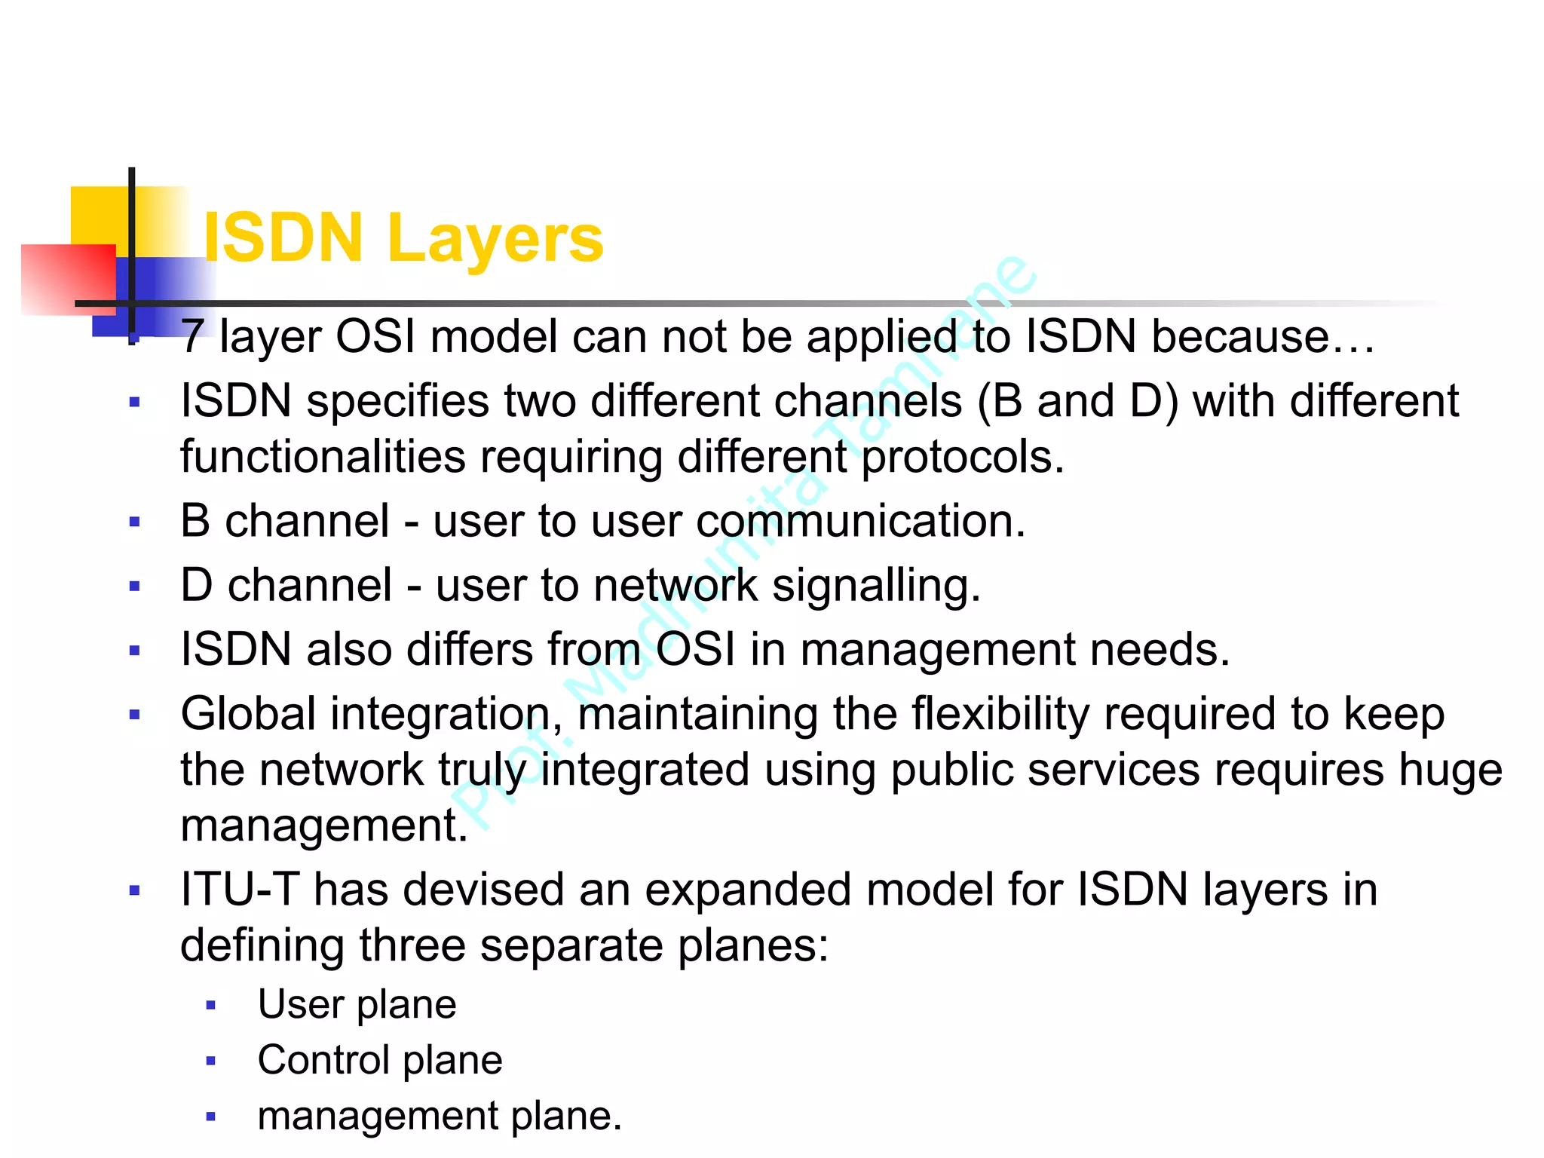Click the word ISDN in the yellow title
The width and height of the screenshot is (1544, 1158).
(x=284, y=238)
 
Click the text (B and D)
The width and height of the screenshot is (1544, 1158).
(x=1078, y=400)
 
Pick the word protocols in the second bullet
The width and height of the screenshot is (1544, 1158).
(x=963, y=457)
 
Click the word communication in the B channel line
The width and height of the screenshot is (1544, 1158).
(x=860, y=521)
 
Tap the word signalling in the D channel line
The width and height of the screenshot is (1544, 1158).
(x=876, y=586)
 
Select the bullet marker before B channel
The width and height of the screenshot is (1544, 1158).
(x=135, y=522)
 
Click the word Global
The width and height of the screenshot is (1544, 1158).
(x=248, y=713)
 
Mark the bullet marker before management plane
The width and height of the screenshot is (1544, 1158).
(x=211, y=1117)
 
